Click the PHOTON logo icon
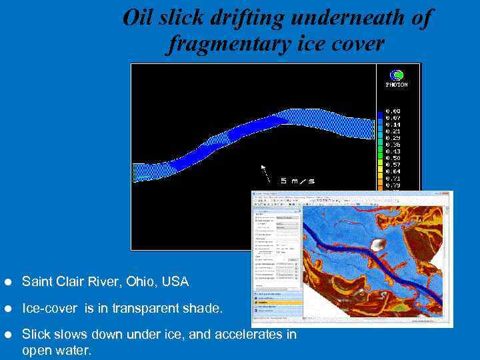[397, 75]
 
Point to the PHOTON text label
[397, 85]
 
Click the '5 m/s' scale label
[297, 181]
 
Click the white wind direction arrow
[266, 173]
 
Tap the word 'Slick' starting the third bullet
[36, 335]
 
